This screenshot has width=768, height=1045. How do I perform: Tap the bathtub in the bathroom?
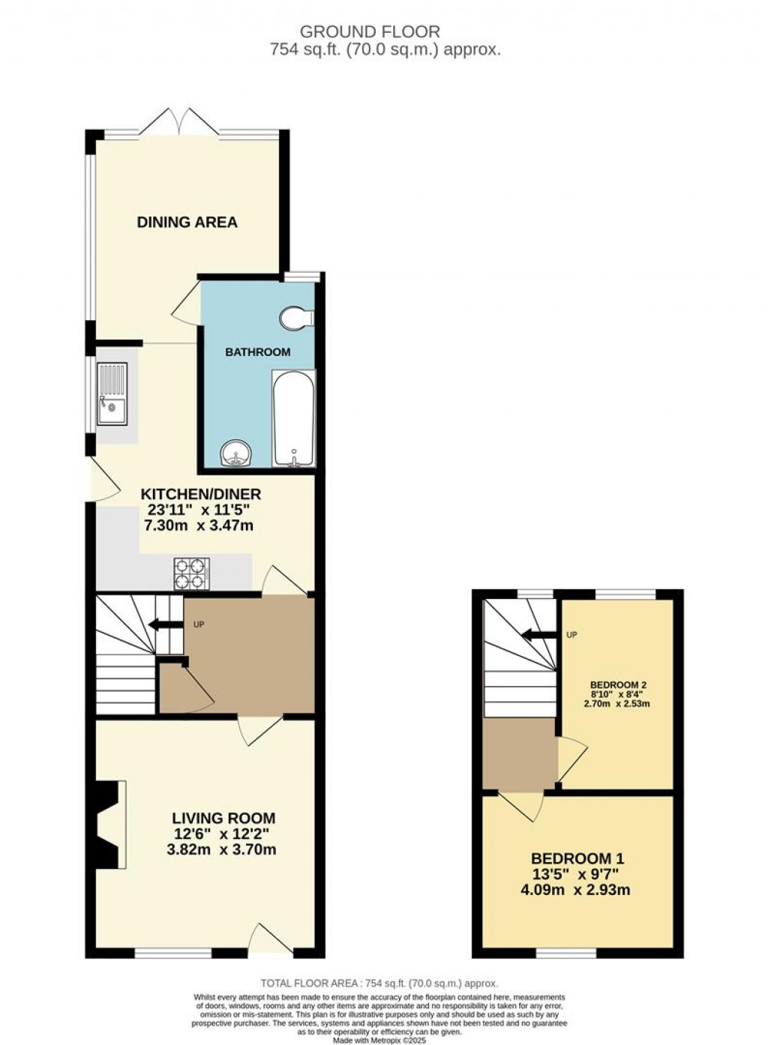293,419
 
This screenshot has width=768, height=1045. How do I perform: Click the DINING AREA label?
187,222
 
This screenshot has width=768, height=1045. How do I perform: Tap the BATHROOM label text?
258,352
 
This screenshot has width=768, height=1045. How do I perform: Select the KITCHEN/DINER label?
201,494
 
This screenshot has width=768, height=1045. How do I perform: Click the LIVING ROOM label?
223,818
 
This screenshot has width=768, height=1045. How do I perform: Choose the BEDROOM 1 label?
577,858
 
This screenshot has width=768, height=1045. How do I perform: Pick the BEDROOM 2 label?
618,684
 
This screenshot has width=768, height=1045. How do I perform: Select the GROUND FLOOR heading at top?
370,31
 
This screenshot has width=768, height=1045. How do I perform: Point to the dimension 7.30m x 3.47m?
198,525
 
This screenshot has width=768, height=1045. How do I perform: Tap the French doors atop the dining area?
181,124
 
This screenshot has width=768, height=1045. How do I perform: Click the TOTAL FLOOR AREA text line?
379,983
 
